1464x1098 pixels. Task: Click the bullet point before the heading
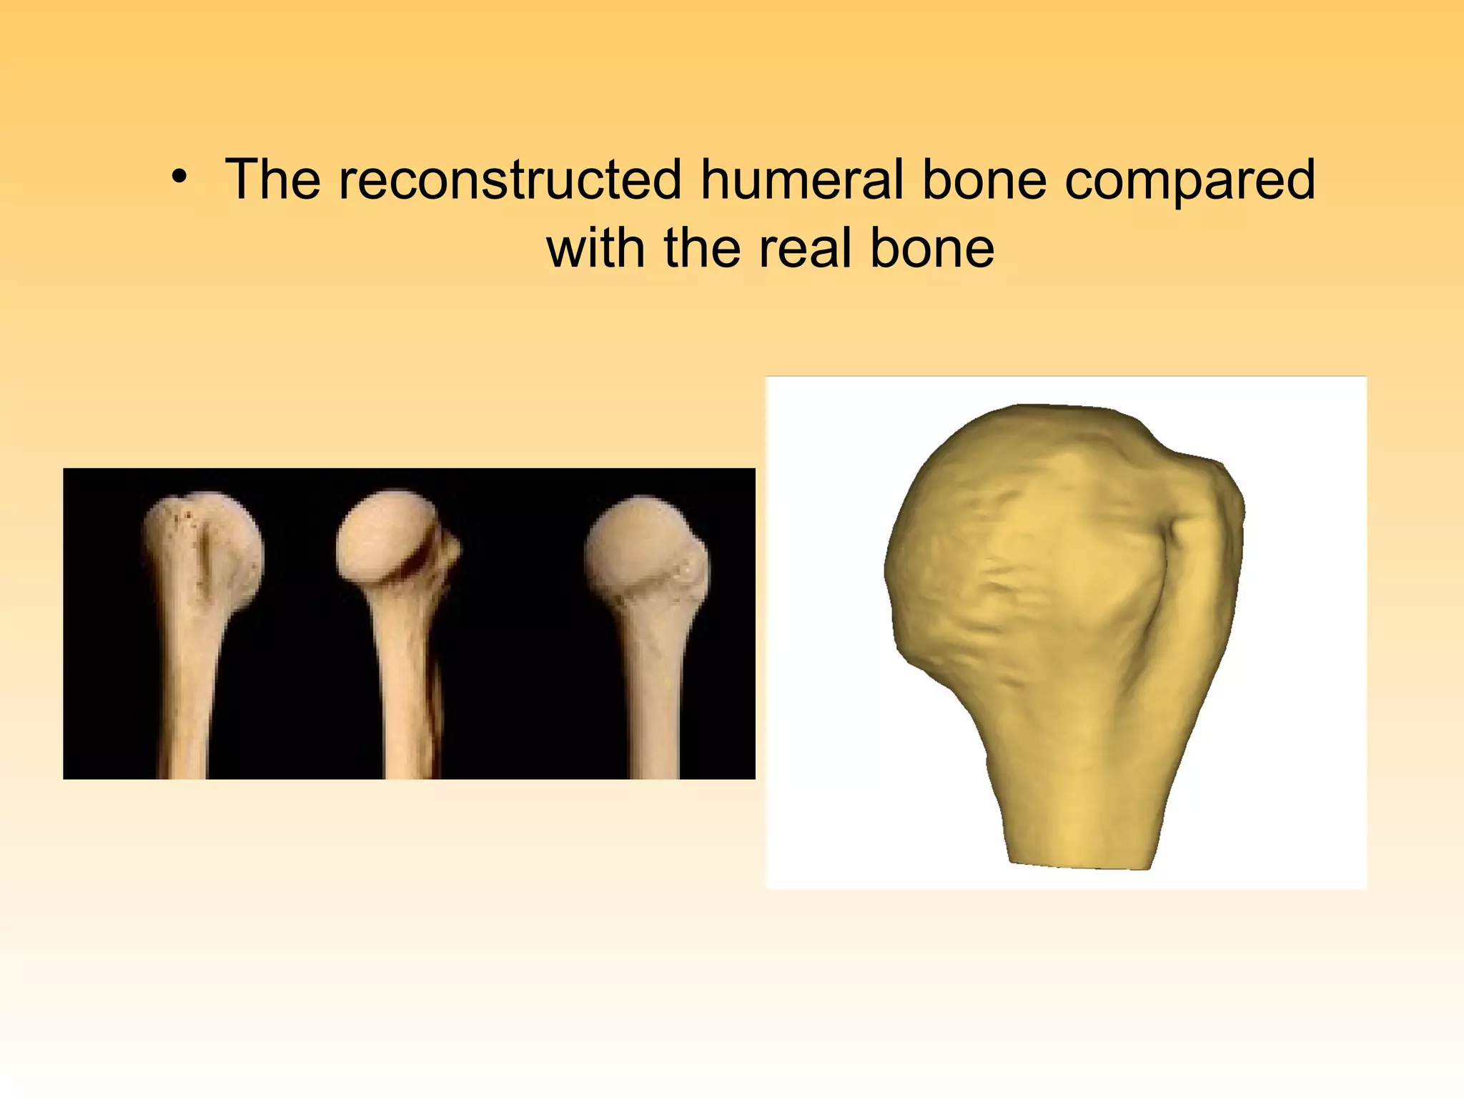coord(179,178)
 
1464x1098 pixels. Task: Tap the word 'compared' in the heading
coord(1189,181)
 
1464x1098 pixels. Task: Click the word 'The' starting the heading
coord(273,179)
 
